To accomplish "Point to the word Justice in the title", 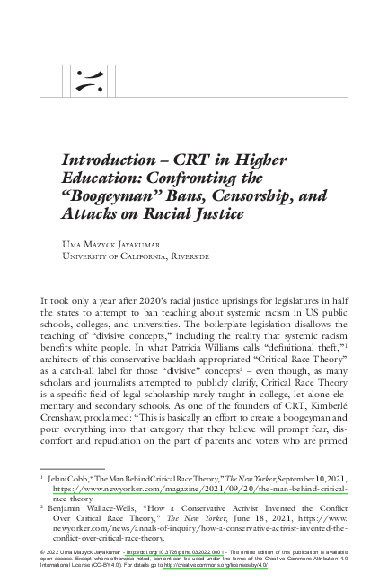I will click(216, 215).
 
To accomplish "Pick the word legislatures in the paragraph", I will click(302, 297).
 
